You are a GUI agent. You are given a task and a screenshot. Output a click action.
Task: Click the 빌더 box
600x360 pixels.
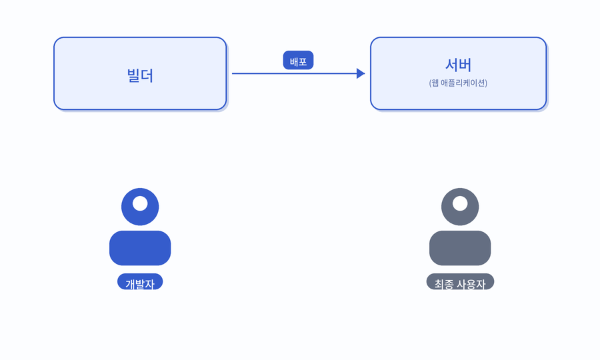pyautogui.click(x=140, y=73)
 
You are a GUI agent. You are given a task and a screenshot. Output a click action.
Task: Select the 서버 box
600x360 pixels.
pyautogui.click(x=459, y=73)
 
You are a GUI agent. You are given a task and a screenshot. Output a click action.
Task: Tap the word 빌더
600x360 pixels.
pyautogui.click(x=140, y=75)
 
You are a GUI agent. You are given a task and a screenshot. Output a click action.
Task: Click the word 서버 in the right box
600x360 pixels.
pyautogui.click(x=459, y=65)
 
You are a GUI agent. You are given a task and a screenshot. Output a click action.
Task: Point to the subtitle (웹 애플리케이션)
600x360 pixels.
pyautogui.click(x=458, y=83)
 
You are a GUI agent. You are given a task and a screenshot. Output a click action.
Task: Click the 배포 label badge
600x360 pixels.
pyautogui.click(x=298, y=61)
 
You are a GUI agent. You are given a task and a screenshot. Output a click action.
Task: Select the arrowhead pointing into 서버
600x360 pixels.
pyautogui.click(x=361, y=73)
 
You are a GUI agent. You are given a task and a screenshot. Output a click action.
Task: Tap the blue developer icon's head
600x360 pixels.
pyautogui.click(x=140, y=207)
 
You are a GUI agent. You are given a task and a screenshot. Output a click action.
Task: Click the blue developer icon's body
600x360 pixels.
pyautogui.click(x=140, y=248)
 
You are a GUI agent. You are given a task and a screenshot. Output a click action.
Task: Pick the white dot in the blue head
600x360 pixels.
pyautogui.click(x=140, y=203)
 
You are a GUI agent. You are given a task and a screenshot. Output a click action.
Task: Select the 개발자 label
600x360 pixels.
pyautogui.click(x=140, y=282)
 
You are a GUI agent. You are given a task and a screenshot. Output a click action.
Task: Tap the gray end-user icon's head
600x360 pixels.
pyautogui.click(x=460, y=207)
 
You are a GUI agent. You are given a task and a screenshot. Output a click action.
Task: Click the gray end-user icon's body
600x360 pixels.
pyautogui.click(x=460, y=248)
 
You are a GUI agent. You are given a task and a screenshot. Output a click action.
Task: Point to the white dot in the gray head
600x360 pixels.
pyautogui.click(x=460, y=203)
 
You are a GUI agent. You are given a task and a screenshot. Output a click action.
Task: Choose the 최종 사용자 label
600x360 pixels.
pyautogui.click(x=460, y=282)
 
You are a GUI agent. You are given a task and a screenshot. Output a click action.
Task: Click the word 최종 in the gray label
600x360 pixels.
pyautogui.click(x=444, y=284)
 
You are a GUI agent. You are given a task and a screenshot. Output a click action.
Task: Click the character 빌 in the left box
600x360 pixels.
pyautogui.click(x=133, y=75)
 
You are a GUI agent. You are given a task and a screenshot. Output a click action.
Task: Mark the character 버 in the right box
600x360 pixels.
pyautogui.click(x=465, y=65)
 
